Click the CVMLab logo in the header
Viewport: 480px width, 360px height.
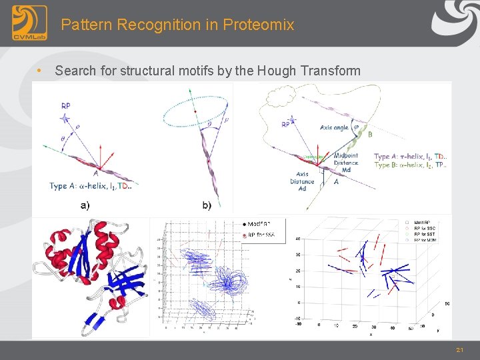(29, 23)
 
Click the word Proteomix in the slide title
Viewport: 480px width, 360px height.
(258, 25)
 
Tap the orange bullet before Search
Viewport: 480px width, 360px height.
(41, 71)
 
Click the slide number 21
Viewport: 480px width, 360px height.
(459, 350)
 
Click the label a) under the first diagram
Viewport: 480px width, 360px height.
(85, 205)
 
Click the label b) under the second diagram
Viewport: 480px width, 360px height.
(206, 205)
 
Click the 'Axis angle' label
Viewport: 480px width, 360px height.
(335, 127)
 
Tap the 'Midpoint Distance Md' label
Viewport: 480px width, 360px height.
(346, 162)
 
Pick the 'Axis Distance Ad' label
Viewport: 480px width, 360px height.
(302, 180)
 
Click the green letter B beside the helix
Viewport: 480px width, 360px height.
(371, 134)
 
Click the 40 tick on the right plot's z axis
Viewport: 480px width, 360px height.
(298, 238)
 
